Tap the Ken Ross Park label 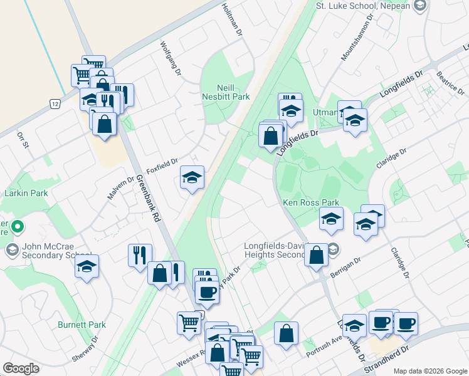(x=311, y=202)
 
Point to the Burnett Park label (x=82, y=325)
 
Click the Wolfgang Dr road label (x=170, y=59)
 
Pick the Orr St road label (x=24, y=140)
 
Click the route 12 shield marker (x=55, y=103)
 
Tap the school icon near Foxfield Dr (x=192, y=178)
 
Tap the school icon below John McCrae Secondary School (x=87, y=268)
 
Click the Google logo (x=21, y=368)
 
